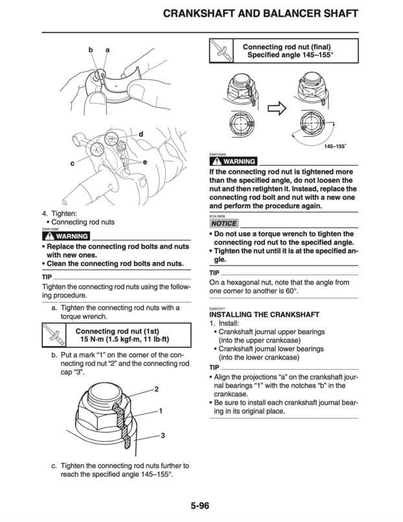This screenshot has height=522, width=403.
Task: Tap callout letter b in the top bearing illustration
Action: pos(92,50)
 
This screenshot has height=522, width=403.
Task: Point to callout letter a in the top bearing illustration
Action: pos(108,50)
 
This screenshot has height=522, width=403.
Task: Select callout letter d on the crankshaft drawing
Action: pos(141,134)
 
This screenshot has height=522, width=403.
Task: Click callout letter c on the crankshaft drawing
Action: pos(73,165)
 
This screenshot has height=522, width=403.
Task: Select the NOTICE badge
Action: pos(224,223)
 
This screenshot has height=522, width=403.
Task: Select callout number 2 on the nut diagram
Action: pos(156,389)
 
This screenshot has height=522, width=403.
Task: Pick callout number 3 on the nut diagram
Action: pos(162,435)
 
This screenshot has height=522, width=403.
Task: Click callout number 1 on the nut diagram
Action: pos(159,411)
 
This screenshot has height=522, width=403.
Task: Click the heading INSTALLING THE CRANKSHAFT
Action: pos(264,314)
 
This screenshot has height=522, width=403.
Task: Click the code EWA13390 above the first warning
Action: pos(51,229)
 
